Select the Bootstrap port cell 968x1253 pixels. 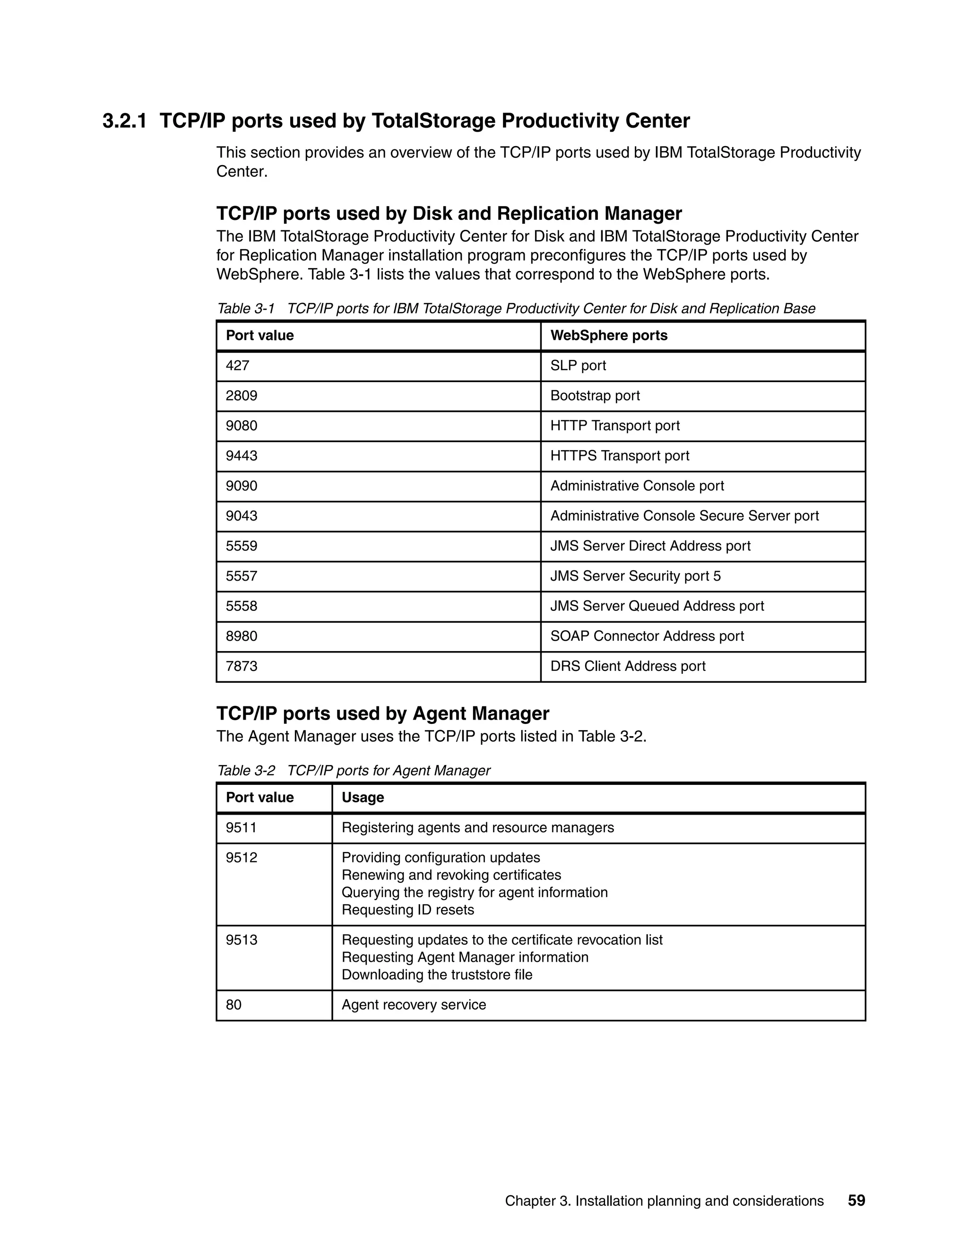coord(595,396)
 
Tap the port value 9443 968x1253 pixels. coord(242,455)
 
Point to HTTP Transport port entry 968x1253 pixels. coord(615,426)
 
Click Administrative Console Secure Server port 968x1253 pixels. coord(684,516)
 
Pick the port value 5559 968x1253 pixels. coord(242,546)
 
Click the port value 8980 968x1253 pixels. coord(242,636)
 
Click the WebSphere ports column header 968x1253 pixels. coord(608,336)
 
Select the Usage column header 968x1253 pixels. coord(363,798)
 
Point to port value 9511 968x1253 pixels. coord(242,828)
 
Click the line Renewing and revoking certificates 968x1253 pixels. coord(451,875)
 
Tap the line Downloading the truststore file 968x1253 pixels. coord(436,975)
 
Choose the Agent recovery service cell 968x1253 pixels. coord(414,1005)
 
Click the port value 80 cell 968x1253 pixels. coord(233,1005)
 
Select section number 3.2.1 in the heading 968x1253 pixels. coord(124,121)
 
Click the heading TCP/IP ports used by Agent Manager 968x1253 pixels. coord(382,713)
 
